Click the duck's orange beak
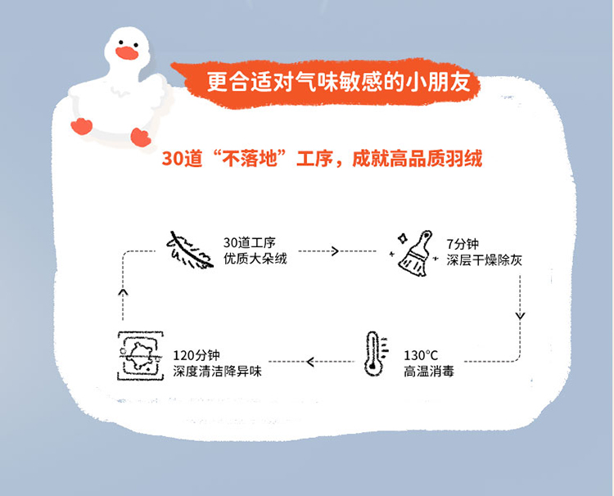126,54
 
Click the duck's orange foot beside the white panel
140,137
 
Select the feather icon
187,250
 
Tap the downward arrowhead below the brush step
520,315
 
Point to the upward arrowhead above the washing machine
123,291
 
